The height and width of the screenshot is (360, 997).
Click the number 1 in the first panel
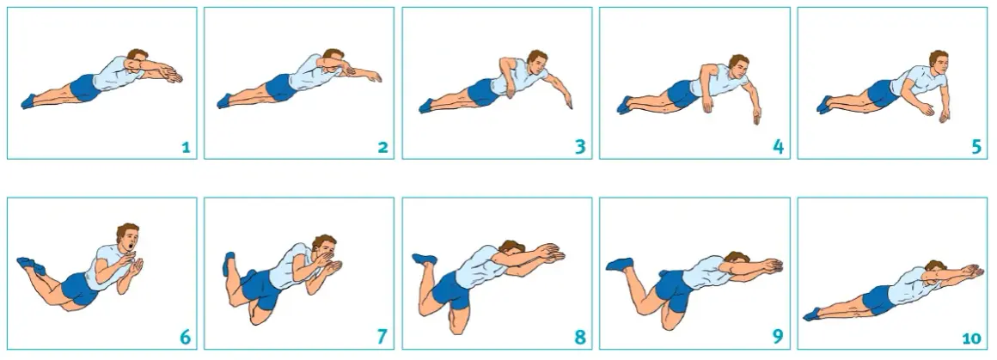tap(186, 148)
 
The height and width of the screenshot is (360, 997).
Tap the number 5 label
tap(976, 147)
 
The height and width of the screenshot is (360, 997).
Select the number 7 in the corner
tap(382, 337)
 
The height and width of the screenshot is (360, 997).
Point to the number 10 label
tap(971, 339)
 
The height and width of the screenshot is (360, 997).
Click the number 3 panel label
tap(580, 147)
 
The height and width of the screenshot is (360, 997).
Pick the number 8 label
tap(580, 337)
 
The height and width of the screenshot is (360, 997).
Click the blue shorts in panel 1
tap(84, 88)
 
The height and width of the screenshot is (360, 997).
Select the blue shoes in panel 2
tap(224, 101)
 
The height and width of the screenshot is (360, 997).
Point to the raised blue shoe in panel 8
tap(424, 259)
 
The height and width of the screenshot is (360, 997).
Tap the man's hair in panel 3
tap(536, 55)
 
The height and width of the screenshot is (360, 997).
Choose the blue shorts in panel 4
tap(682, 94)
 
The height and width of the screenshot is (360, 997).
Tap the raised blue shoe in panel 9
tap(620, 264)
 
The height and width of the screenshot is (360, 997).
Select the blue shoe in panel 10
tap(812, 314)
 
